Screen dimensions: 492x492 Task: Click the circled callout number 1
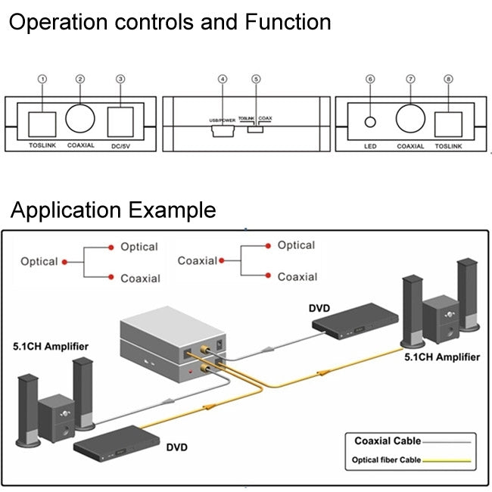[42, 79]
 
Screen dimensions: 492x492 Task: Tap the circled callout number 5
[256, 79]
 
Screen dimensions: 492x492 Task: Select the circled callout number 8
[449, 79]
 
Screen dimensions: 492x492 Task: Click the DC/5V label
[121, 145]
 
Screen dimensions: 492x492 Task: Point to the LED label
[370, 145]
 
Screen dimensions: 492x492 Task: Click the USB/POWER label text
[222, 120]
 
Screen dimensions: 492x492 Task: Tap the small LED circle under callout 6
[371, 121]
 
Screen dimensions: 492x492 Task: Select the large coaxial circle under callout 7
[411, 118]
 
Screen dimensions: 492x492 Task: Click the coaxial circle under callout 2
[80, 117]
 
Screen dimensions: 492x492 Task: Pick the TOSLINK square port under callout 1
[42, 122]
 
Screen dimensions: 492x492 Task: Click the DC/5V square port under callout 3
[121, 122]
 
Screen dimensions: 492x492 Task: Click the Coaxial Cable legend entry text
[387, 441]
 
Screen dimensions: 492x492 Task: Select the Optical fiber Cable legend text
[385, 459]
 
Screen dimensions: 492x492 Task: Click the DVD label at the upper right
[320, 308]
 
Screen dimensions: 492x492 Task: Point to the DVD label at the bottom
[176, 447]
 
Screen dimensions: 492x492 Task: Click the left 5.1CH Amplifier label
[51, 347]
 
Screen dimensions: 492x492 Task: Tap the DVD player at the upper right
[357, 321]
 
